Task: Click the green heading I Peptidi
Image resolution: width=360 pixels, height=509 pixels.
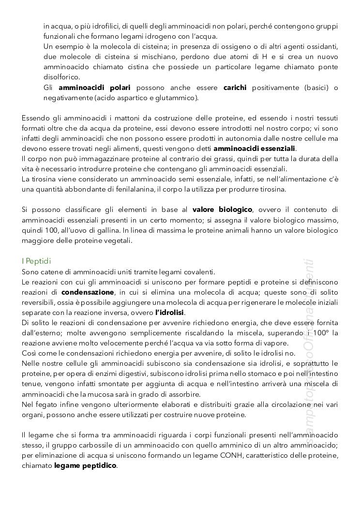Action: tap(37, 261)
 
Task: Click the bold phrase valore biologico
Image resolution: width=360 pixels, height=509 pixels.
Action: tap(222, 210)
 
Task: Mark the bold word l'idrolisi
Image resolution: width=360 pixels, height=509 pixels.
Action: tap(171, 313)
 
